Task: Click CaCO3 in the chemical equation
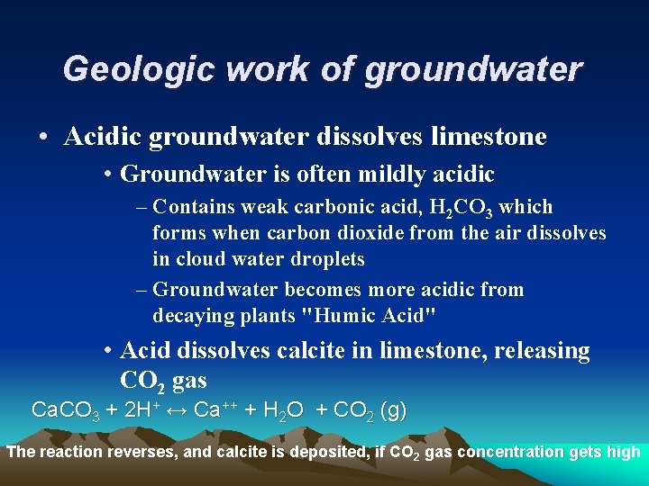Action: [65, 411]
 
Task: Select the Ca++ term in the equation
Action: [215, 411]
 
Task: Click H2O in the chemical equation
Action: [281, 411]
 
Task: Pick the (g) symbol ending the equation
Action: [393, 411]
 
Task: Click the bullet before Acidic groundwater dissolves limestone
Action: [43, 138]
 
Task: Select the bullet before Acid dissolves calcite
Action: [106, 351]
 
